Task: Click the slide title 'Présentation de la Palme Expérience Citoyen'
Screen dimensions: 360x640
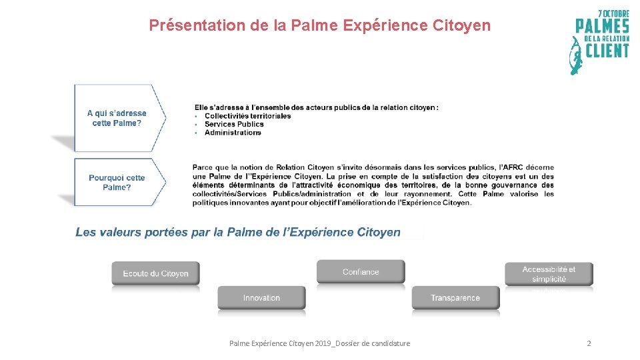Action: pyautogui.click(x=319, y=25)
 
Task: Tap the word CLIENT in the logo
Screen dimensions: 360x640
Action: pyautogui.click(x=607, y=51)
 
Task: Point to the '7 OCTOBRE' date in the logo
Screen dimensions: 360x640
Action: pyautogui.click(x=613, y=13)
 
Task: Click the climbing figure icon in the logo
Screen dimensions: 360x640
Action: pyautogui.click(x=575, y=56)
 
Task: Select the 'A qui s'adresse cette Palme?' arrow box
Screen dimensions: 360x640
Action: pyautogui.click(x=117, y=118)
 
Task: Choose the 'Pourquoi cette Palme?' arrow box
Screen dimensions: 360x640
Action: pyautogui.click(x=117, y=182)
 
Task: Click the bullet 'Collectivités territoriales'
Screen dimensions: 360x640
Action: pyautogui.click(x=247, y=116)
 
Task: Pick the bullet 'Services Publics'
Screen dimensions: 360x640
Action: pyautogui.click(x=234, y=124)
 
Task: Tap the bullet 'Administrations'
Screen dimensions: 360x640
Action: pyautogui.click(x=233, y=133)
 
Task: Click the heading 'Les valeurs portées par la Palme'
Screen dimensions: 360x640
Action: pyautogui.click(x=238, y=232)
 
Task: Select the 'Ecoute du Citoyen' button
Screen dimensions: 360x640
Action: pyautogui.click(x=155, y=273)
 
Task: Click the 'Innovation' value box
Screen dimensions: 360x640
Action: pyautogui.click(x=261, y=298)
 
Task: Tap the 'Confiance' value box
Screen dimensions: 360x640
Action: pyautogui.click(x=361, y=272)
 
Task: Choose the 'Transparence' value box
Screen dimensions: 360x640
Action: pyautogui.click(x=455, y=298)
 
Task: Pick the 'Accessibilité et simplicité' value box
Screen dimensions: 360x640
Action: pyautogui.click(x=549, y=274)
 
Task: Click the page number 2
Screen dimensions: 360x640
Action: pyautogui.click(x=589, y=343)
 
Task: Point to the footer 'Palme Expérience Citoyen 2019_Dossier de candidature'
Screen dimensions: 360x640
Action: pyautogui.click(x=319, y=343)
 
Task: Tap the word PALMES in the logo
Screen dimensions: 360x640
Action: pyautogui.click(x=603, y=27)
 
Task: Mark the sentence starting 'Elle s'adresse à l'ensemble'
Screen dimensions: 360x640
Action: pyautogui.click(x=317, y=107)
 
